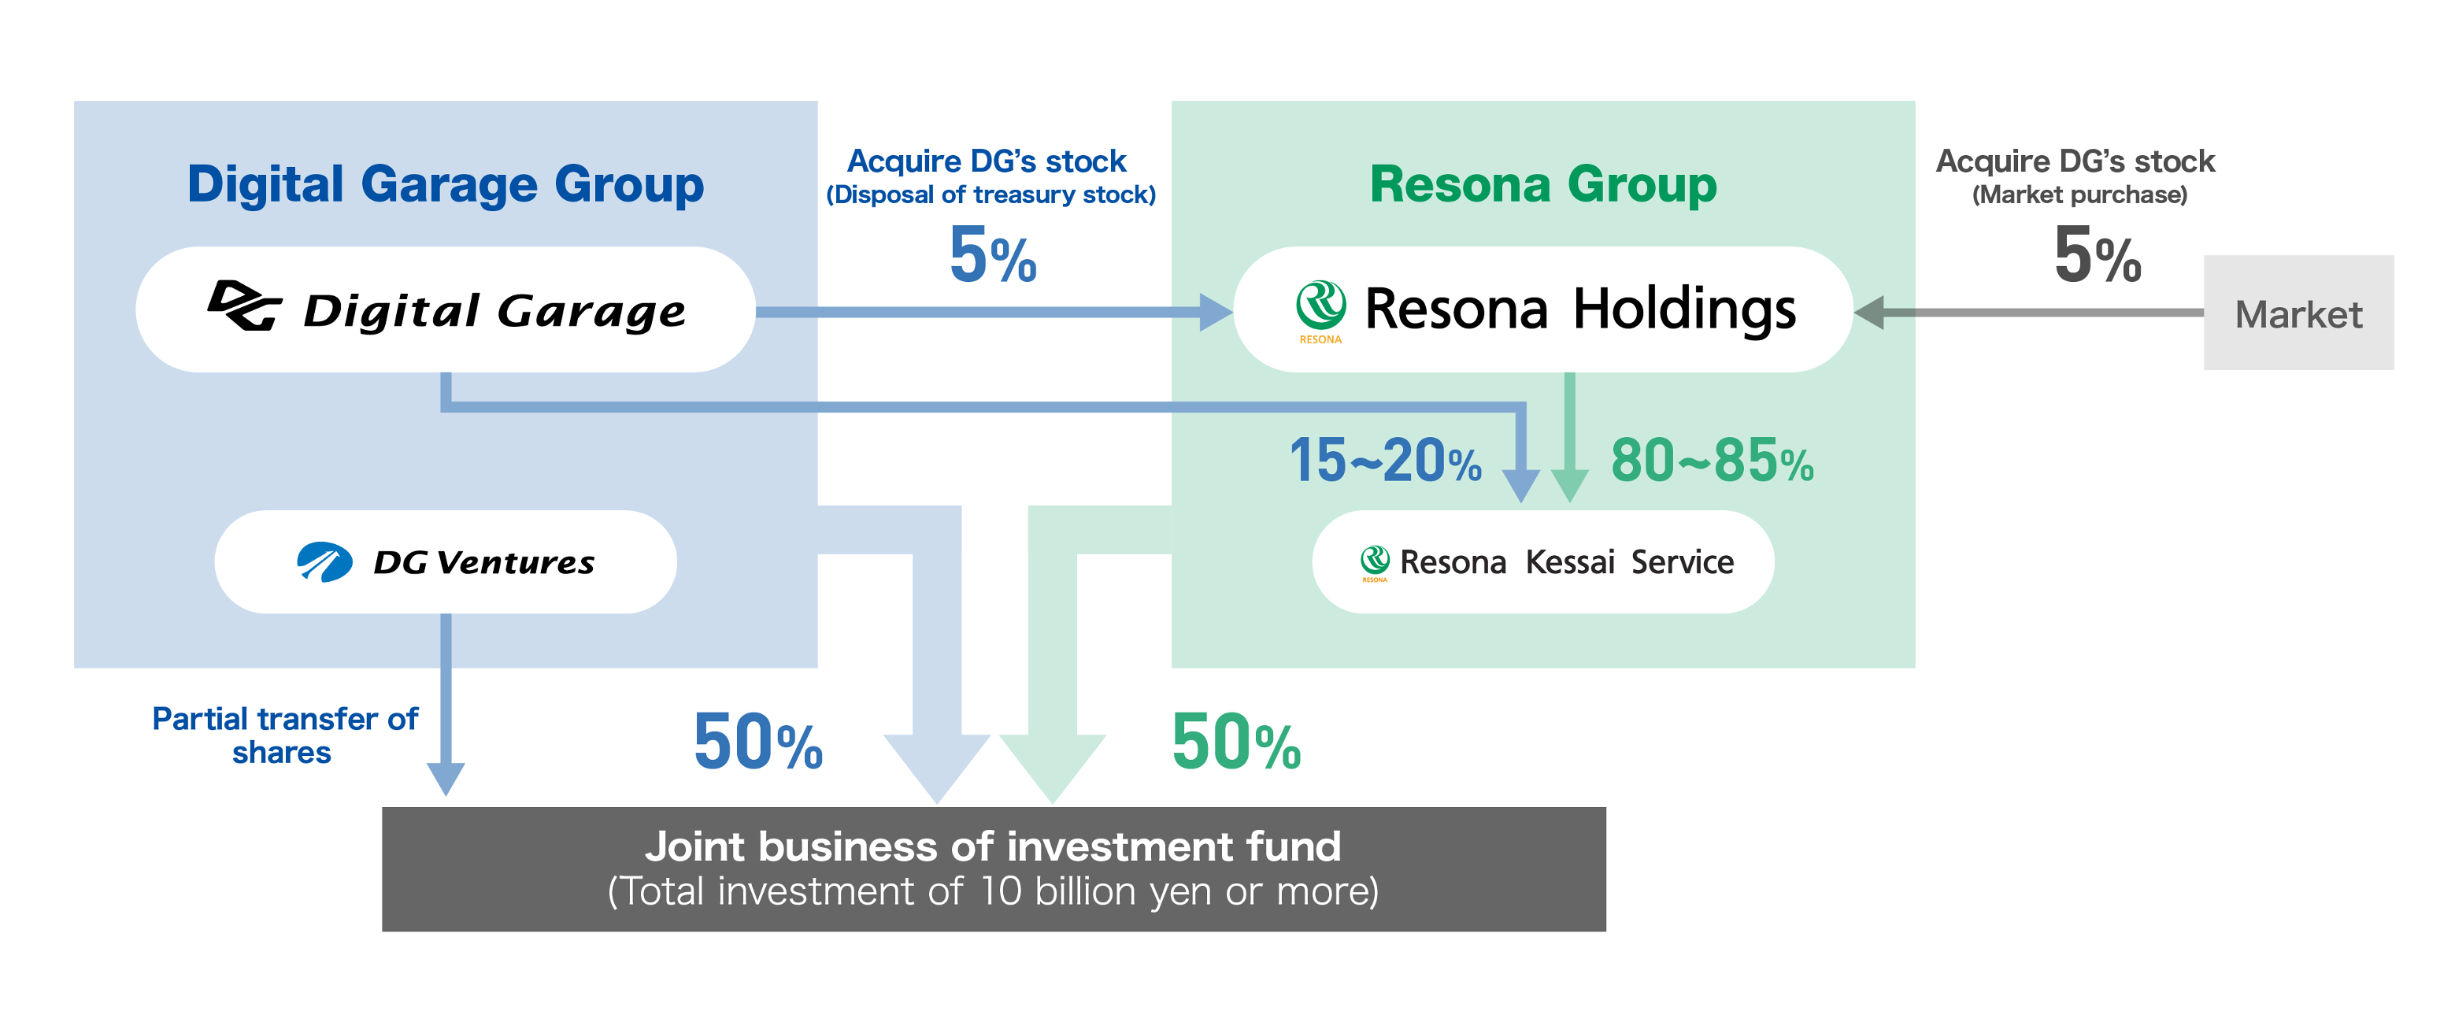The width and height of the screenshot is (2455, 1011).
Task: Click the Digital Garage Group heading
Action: click(445, 184)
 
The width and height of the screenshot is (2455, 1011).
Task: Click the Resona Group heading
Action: click(1543, 184)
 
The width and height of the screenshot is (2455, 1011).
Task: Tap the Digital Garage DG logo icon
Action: click(245, 306)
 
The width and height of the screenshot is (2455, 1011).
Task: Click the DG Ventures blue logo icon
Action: click(324, 562)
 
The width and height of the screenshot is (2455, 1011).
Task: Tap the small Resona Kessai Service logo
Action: click(1374, 562)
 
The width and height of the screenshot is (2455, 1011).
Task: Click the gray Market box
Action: click(2298, 313)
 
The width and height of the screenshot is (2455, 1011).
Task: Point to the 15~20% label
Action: click(1385, 461)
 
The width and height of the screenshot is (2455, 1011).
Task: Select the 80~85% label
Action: click(1712, 461)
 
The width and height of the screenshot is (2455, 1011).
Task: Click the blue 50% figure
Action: click(757, 742)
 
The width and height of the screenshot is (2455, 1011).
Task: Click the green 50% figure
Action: click(1236, 742)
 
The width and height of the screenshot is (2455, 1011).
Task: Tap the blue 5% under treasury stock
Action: click(992, 254)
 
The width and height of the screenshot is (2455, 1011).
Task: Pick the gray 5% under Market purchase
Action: click(2098, 254)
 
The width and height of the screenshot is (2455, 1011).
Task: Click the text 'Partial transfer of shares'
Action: click(284, 735)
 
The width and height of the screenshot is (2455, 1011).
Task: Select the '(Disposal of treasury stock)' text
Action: click(991, 195)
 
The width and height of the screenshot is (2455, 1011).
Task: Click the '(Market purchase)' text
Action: click(2079, 195)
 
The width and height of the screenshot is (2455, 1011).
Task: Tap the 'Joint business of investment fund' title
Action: click(993, 846)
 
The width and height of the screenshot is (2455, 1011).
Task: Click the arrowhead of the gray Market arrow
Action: click(1869, 313)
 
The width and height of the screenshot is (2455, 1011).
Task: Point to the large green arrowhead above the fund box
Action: click(1052, 768)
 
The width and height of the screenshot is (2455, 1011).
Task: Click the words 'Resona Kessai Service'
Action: click(1567, 562)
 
